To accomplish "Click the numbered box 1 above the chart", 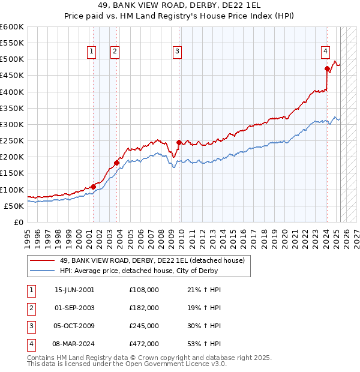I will click(x=92, y=52).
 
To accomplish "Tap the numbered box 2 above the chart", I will click(x=114, y=52).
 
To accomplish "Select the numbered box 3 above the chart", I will click(x=178, y=52).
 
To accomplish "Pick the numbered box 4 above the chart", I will click(x=325, y=52).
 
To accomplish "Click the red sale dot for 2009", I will click(x=179, y=142).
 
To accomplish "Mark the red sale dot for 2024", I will click(x=327, y=68).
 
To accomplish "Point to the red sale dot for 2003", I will click(x=117, y=163).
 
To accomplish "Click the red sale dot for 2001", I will click(x=94, y=187).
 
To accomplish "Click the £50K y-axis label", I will click(x=14, y=206).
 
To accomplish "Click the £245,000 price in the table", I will click(x=144, y=327).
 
